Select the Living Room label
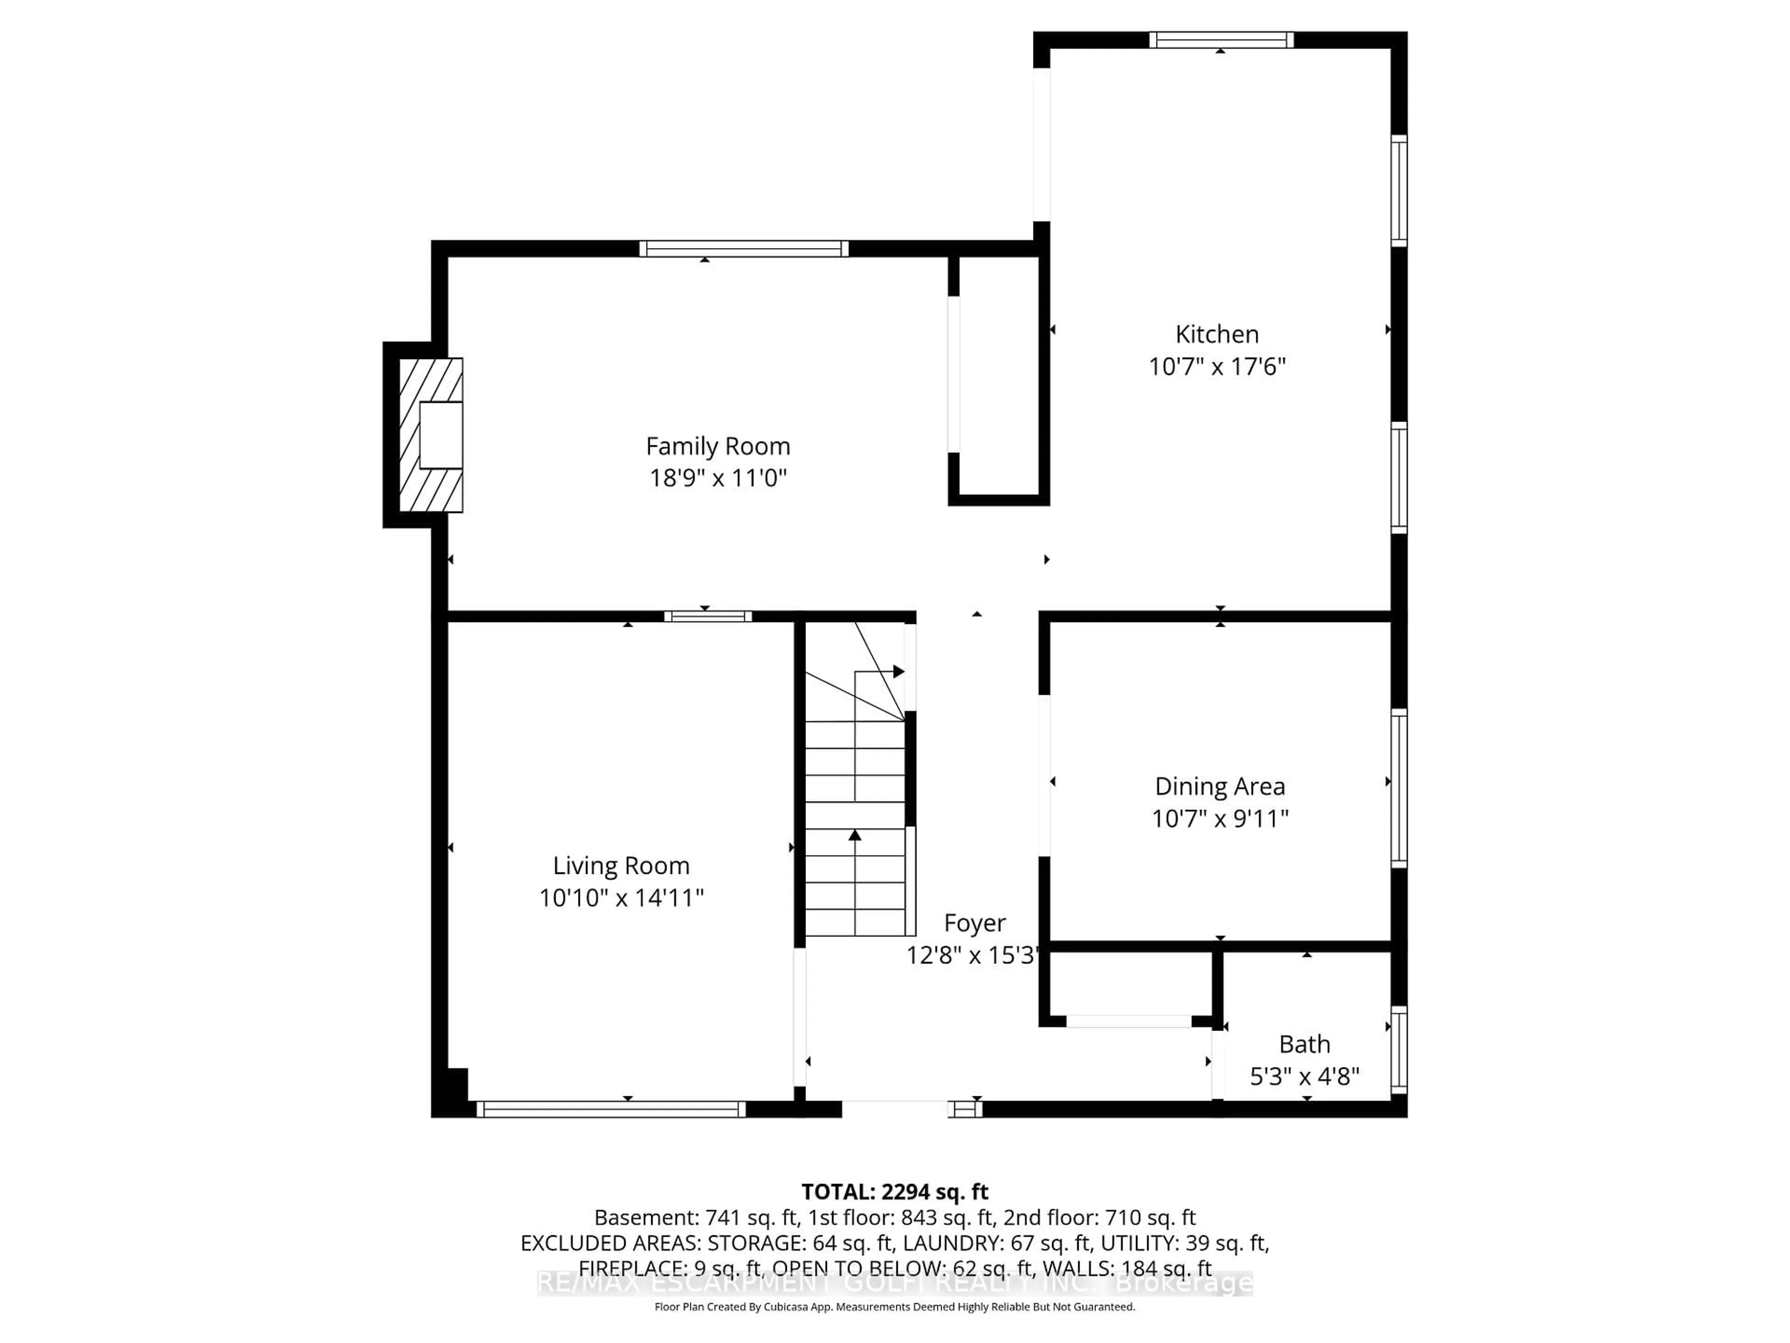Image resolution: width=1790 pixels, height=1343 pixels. point(621,865)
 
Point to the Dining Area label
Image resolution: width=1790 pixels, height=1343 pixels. point(1219,786)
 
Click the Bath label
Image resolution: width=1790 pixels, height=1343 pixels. point(1304,1044)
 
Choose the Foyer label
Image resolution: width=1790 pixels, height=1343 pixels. point(974,923)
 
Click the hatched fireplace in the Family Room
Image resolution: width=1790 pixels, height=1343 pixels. point(431,435)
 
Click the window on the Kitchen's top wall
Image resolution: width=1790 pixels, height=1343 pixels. point(1220,40)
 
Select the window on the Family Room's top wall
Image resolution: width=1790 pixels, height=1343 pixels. point(743,249)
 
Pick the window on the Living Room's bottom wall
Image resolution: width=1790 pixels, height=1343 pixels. point(610,1109)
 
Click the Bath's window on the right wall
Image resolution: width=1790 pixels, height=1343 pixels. point(1398,1049)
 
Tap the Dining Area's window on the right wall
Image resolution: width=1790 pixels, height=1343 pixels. point(1398,788)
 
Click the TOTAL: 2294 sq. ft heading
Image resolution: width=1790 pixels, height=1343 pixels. point(894,1191)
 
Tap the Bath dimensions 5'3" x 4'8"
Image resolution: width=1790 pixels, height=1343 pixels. point(1304,1077)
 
